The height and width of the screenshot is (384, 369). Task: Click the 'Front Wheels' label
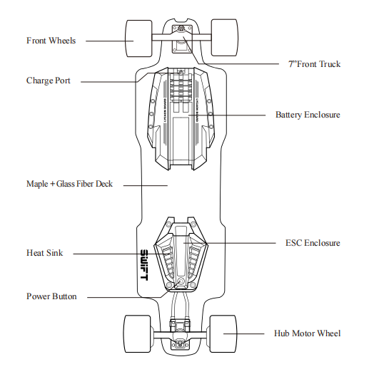pos(51,41)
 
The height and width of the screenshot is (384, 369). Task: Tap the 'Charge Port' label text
pos(49,81)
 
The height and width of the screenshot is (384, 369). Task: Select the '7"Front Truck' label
pos(315,64)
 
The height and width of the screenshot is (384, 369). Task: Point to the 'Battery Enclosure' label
pos(308,115)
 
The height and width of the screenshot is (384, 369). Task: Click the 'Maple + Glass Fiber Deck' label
pos(69,184)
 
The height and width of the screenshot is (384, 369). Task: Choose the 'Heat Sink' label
pos(45,253)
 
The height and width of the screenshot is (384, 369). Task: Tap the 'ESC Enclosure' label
pos(313,243)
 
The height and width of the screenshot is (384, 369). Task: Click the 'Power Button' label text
pos(51,296)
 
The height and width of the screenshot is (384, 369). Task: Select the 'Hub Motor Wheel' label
pos(307,333)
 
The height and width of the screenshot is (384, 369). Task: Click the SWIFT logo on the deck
pos(144,265)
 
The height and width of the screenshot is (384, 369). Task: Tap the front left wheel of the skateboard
pos(139,38)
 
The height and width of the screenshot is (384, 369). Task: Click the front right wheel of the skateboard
pos(225,38)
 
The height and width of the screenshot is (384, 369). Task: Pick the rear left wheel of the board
pos(137,334)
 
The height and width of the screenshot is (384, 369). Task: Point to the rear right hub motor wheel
pos(223,334)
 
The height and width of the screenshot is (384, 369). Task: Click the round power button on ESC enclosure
pos(181,281)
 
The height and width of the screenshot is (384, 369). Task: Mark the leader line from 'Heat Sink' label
pos(118,254)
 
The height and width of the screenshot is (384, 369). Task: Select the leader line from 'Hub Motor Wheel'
pos(243,333)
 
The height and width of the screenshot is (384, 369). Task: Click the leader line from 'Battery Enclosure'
pos(227,115)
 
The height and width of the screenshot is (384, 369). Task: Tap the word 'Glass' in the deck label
pos(65,184)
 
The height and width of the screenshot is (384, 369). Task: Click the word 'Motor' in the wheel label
pos(303,333)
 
